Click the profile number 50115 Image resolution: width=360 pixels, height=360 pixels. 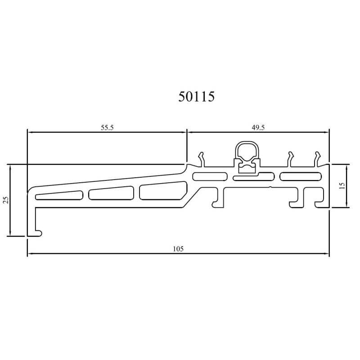click(197, 96)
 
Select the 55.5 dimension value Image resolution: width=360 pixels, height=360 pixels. click(107, 127)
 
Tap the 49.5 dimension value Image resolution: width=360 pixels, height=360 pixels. click(258, 127)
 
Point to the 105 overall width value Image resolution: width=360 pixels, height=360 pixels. click(178, 249)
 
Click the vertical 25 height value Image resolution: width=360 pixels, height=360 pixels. click(6, 200)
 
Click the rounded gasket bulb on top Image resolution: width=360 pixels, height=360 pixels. click(247, 151)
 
